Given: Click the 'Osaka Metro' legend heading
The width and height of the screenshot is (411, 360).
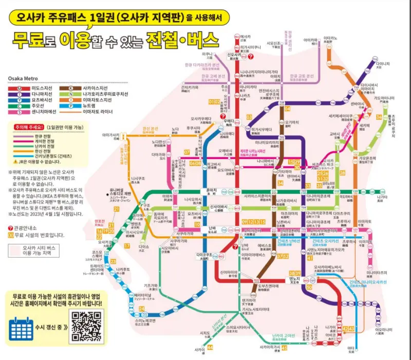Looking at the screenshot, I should point(24,78).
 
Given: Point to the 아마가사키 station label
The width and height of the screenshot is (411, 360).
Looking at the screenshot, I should point(110,135).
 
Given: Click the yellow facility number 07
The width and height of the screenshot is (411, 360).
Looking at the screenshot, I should point(187,152).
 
